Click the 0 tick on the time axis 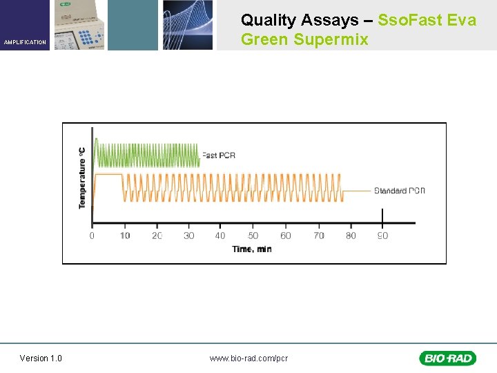point(92,236)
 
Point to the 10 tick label point(124,236)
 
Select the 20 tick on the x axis point(157,236)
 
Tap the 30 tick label point(188,236)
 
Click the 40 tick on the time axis point(220,236)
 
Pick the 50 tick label point(253,236)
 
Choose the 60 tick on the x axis point(286,236)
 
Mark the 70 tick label point(318,236)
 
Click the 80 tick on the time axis point(351,236)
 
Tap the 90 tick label point(382,236)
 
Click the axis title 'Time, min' point(251,249)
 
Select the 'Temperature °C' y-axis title point(82,178)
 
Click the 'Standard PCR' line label point(400,191)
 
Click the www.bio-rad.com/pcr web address point(248,358)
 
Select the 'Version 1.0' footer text point(41,358)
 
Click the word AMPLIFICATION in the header point(25,42)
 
